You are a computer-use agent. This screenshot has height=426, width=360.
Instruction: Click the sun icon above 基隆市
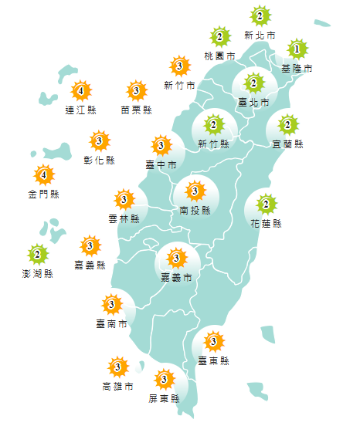click(294, 50)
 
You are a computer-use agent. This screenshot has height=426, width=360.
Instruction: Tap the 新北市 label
click(260, 35)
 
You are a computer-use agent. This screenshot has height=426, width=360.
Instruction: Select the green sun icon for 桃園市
click(221, 37)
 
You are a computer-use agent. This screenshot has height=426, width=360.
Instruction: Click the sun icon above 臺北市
click(253, 83)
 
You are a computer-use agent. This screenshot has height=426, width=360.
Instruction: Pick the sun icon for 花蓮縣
click(266, 205)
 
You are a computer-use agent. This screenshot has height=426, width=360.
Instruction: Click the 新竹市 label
click(179, 85)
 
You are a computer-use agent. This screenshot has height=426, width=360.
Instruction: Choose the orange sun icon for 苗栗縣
click(137, 91)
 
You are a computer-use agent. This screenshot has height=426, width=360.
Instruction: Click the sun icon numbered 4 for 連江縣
click(81, 91)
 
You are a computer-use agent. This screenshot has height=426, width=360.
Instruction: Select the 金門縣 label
click(43, 194)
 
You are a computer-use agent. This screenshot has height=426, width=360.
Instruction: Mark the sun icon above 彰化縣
click(100, 141)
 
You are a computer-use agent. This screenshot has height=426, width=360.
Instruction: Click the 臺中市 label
click(161, 164)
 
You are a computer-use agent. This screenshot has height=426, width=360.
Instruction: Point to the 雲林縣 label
click(124, 218)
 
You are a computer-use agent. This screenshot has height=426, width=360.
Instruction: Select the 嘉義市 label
click(176, 277)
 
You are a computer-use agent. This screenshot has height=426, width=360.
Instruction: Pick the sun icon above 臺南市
click(113, 305)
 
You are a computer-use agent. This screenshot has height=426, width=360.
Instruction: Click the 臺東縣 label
click(213, 360)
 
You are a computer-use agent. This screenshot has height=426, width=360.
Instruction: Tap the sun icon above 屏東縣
click(164, 380)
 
